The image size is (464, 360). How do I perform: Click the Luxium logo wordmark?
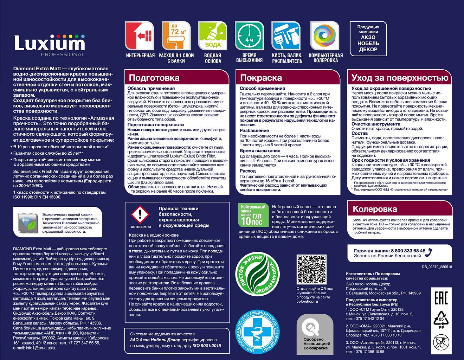(50, 43)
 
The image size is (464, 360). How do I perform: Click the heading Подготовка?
(154, 78)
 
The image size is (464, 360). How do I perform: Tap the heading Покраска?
(261, 78)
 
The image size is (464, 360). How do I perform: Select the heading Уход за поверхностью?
(400, 78)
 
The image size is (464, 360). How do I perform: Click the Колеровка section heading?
(375, 209)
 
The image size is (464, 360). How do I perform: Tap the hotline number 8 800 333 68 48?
(408, 251)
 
